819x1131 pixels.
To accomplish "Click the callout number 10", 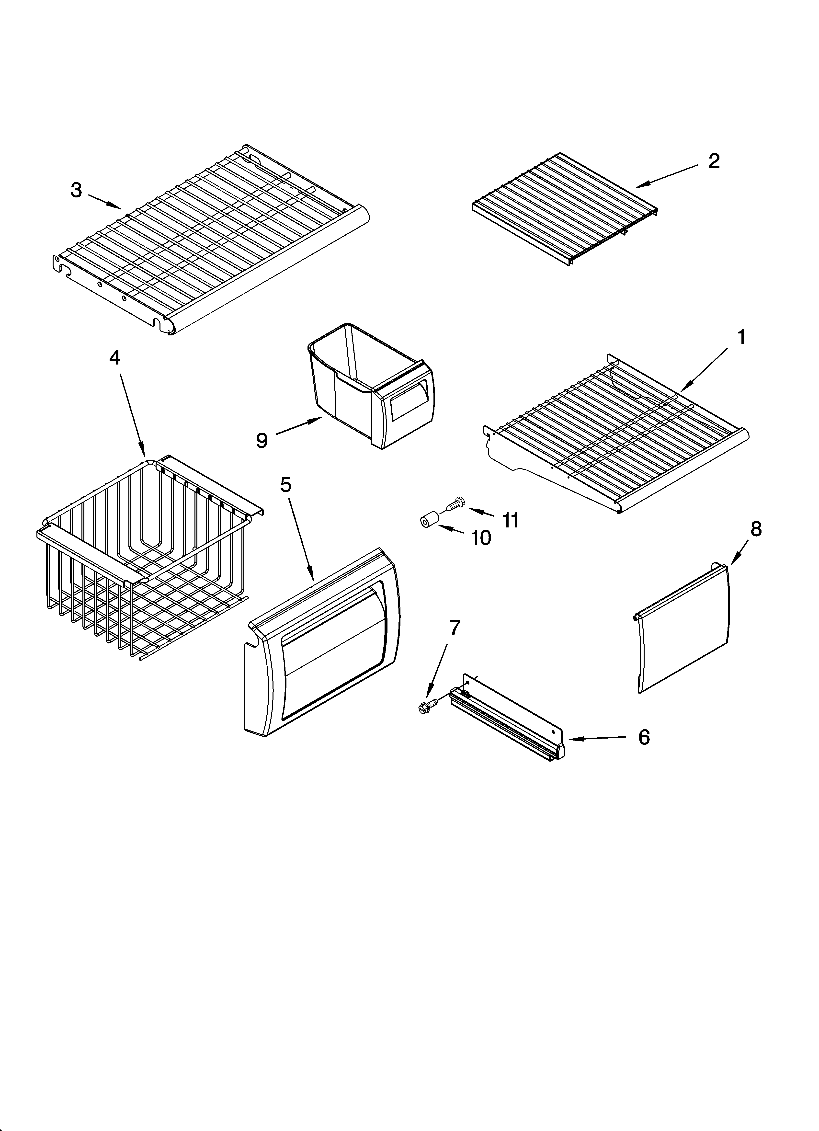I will tap(481, 537).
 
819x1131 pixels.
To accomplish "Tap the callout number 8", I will tap(756, 529).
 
